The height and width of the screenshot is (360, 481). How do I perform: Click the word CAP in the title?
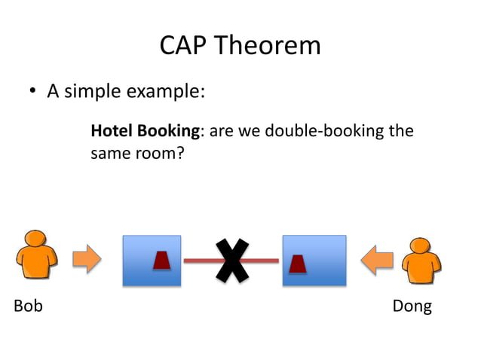click(182, 46)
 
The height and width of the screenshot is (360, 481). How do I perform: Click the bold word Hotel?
click(112, 131)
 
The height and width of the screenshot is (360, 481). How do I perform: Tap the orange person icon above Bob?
click(37, 257)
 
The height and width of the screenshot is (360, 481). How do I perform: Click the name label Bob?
click(28, 306)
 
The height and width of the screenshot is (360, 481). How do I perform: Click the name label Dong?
click(412, 306)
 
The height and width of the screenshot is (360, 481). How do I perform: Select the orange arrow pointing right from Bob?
click(87, 260)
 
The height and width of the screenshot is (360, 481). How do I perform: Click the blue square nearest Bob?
click(152, 261)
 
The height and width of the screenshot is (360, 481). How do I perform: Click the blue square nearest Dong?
click(314, 261)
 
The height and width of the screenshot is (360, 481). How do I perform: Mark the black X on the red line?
click(232, 261)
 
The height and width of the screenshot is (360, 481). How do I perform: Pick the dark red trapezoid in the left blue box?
click(161, 261)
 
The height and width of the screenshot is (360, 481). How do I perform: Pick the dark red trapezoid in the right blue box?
click(298, 264)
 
